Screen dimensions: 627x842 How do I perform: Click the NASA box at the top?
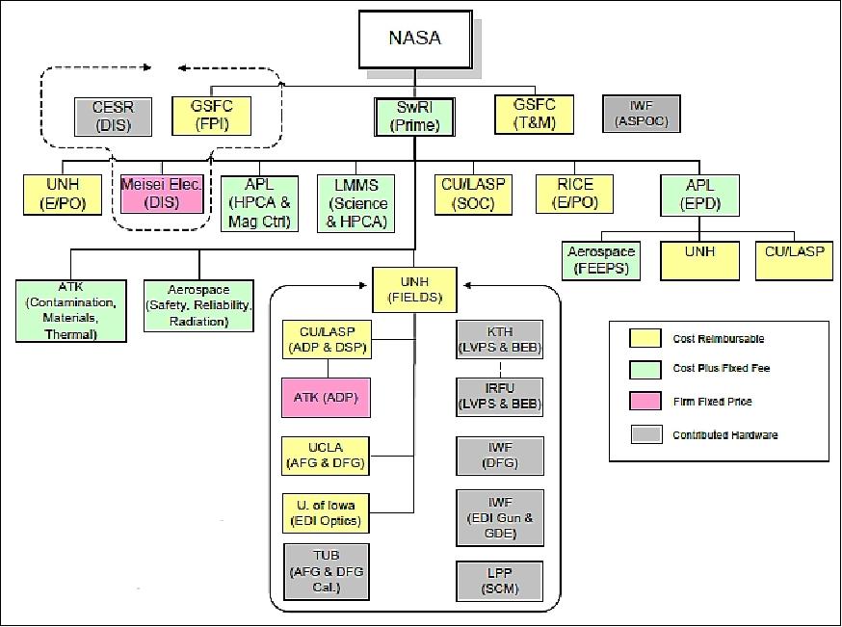click(416, 39)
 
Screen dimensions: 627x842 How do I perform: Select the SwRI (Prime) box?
click(414, 116)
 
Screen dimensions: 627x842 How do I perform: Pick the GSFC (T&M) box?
click(535, 115)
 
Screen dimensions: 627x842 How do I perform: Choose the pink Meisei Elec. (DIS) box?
click(161, 194)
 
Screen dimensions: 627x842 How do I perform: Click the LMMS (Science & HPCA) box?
click(358, 202)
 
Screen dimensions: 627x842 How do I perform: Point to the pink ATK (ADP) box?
click(327, 397)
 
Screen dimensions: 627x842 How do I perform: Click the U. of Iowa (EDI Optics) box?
click(327, 512)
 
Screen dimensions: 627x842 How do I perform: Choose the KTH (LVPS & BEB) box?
click(498, 340)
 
